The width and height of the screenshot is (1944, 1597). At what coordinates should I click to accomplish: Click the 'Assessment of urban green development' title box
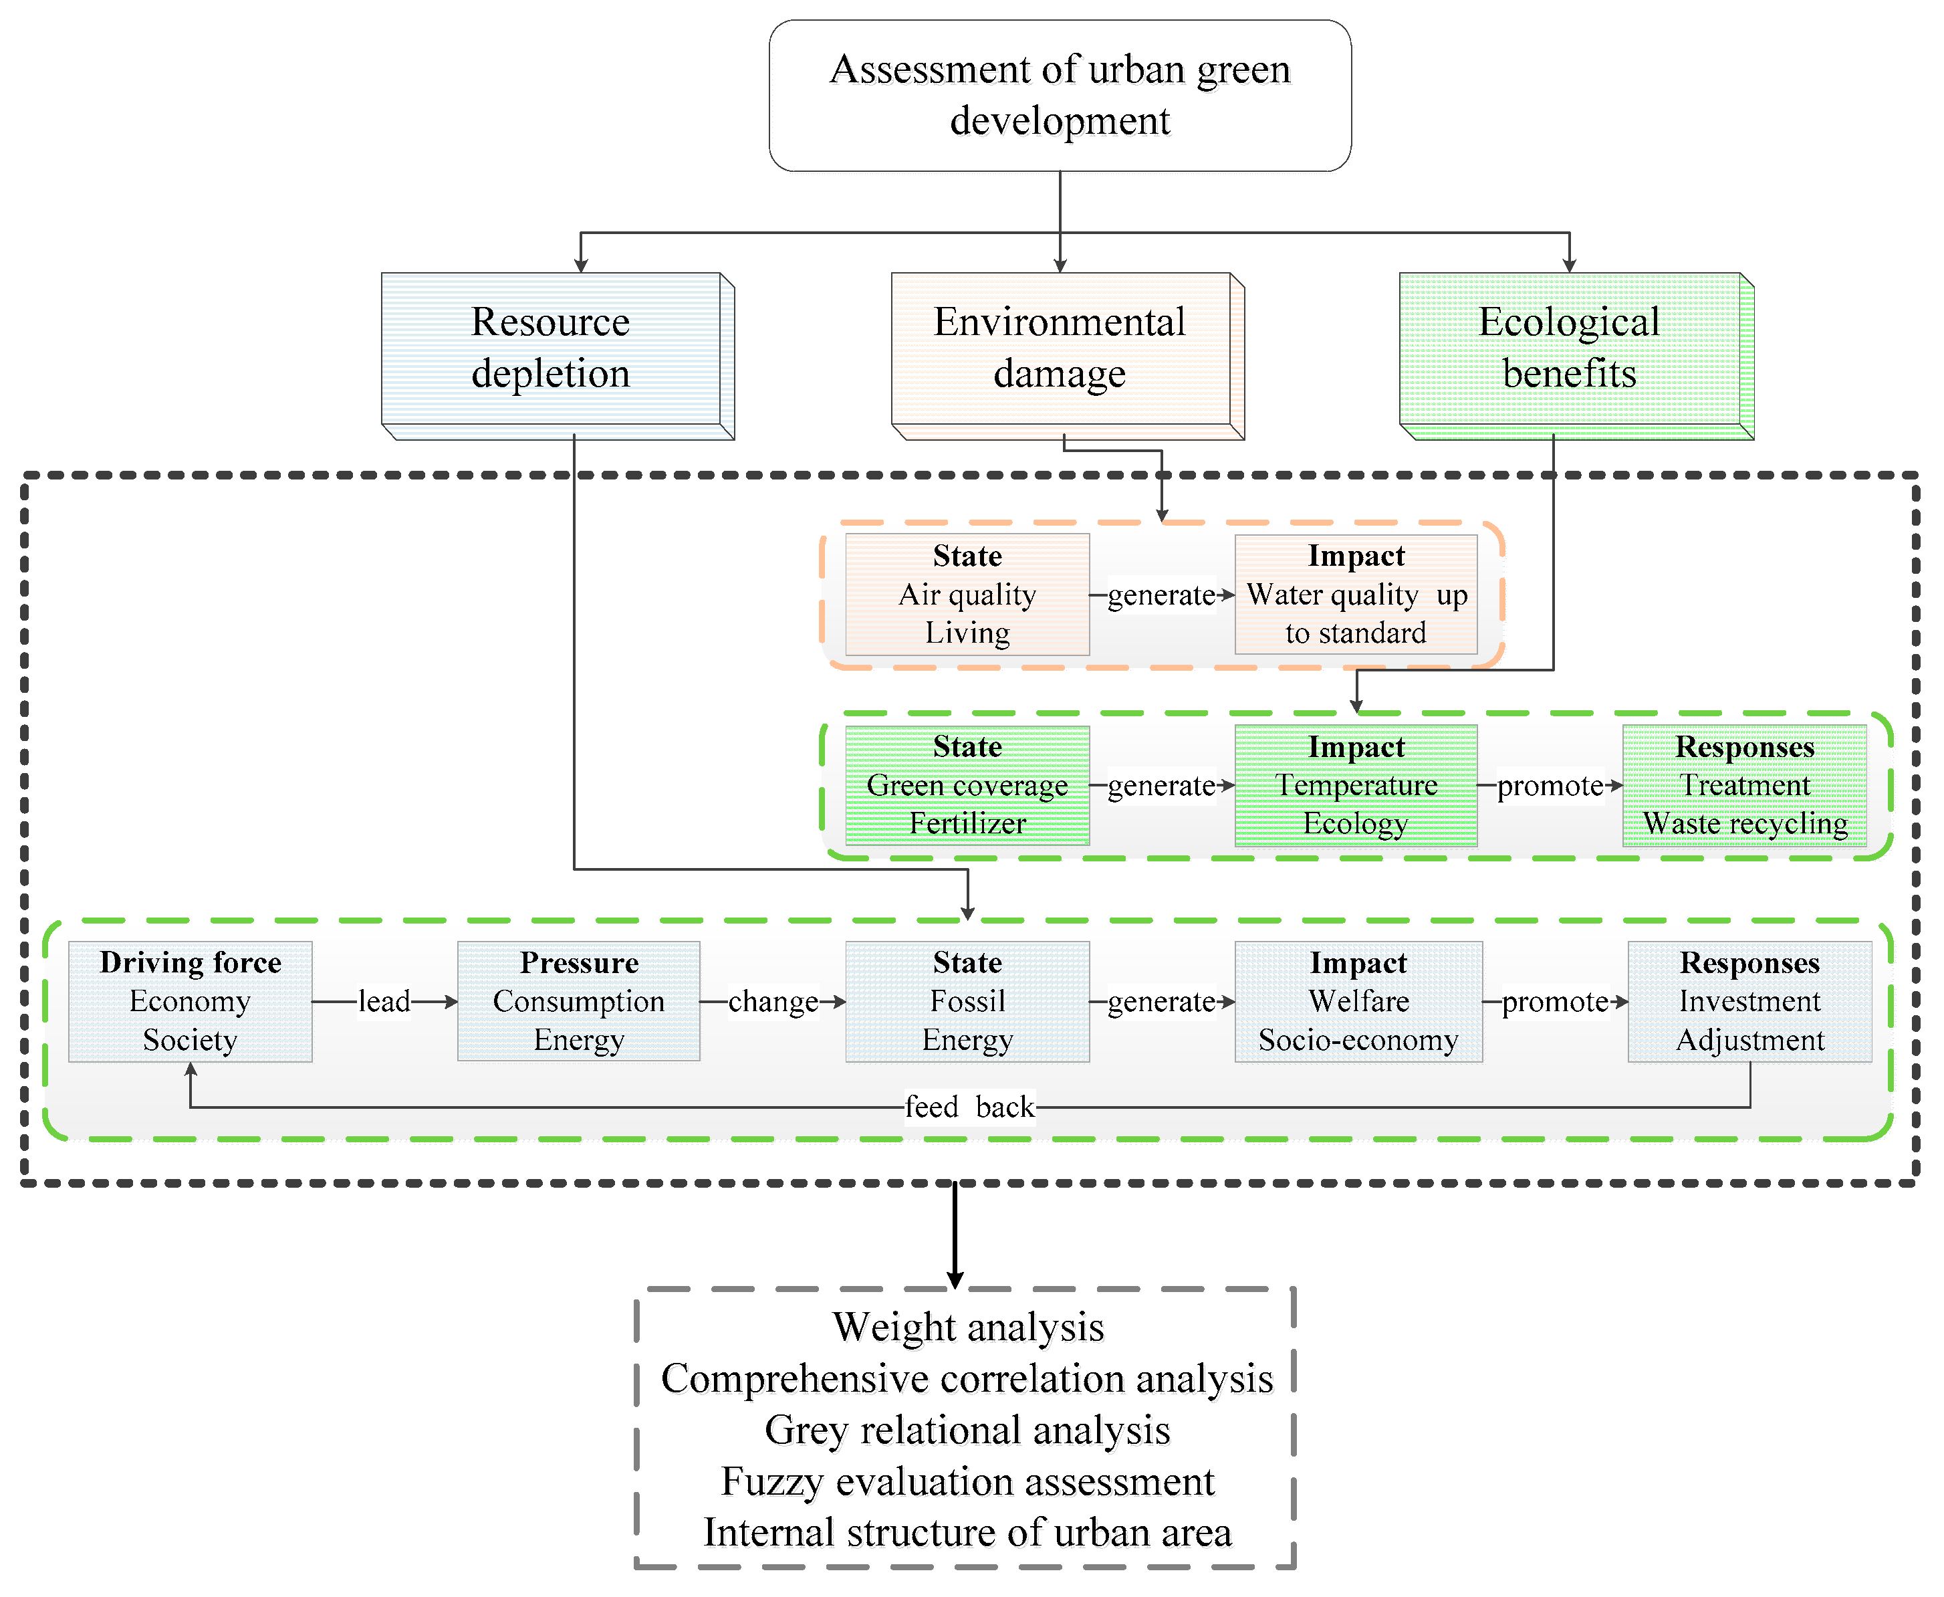(x=1060, y=96)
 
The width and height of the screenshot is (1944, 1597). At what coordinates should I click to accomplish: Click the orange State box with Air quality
(x=967, y=595)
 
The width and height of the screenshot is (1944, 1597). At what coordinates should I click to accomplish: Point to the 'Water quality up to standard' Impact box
(x=1356, y=595)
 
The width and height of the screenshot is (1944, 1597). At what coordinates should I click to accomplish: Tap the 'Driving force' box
(x=191, y=1001)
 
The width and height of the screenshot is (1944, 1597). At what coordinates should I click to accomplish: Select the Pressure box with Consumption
(x=578, y=1001)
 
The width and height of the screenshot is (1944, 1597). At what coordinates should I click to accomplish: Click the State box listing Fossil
(x=967, y=1001)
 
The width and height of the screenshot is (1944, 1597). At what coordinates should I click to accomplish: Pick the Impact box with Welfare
(x=1358, y=1001)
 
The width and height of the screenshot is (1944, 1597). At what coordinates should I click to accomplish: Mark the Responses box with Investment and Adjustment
(x=1749, y=1001)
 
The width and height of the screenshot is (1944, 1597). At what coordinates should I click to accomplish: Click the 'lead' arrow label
(x=384, y=1001)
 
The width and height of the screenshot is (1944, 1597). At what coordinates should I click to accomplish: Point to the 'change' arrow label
(x=772, y=1001)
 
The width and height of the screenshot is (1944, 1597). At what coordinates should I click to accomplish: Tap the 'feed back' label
(x=969, y=1107)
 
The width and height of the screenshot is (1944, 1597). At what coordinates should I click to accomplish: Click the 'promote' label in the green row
(x=1550, y=786)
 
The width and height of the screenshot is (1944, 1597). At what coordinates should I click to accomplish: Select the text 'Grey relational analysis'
(x=967, y=1430)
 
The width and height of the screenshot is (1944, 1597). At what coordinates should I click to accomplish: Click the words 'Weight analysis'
(x=967, y=1327)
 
